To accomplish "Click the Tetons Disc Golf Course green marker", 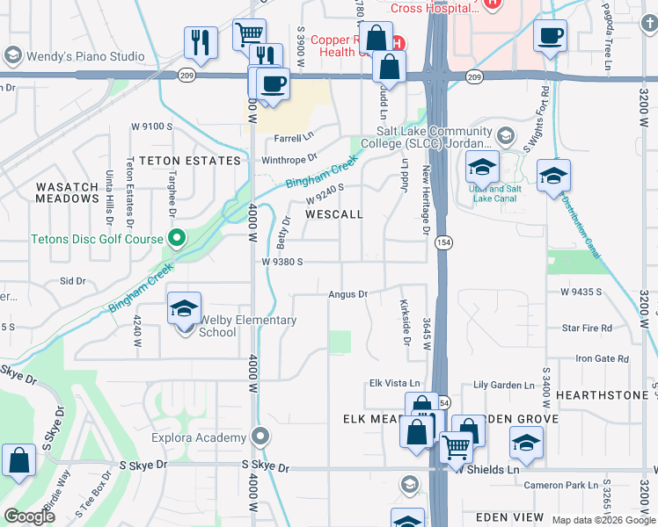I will tap(177, 238).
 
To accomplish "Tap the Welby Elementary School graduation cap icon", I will tap(185, 308).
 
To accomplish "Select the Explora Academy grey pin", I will tap(260, 437).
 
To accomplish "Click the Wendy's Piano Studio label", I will tap(85, 56).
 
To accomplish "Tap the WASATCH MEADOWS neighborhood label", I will tap(67, 192).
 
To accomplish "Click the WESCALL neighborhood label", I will tap(333, 214).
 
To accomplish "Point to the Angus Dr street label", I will tap(348, 294).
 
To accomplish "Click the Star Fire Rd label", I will tap(587, 328).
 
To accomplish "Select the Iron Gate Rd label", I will tap(602, 358).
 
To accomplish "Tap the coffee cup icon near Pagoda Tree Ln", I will tap(550, 35).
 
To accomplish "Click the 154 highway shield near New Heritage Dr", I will tap(442, 241).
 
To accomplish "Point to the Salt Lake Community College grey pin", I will tap(505, 135).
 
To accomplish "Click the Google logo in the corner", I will tap(29, 516).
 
